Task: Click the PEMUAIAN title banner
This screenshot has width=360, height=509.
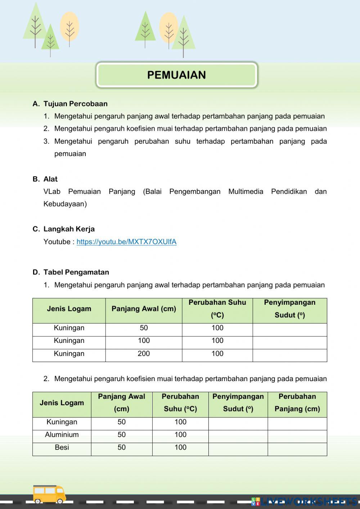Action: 176,75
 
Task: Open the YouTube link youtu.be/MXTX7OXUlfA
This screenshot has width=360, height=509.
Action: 126,242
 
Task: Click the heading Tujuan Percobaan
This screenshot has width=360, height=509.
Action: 75,104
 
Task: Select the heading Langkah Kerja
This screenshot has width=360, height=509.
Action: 69,229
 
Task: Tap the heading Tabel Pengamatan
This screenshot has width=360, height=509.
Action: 76,272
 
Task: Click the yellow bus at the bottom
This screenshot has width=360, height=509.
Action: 49,494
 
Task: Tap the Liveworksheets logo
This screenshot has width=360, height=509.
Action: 305,501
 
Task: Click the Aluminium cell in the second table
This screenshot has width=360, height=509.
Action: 62,435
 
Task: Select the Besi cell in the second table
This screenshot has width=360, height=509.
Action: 62,447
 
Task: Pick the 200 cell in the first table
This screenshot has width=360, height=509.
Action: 144,354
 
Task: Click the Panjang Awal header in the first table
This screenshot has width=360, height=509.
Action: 144,309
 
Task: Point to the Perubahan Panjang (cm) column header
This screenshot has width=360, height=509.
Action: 297,403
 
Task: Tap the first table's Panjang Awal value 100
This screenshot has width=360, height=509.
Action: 144,341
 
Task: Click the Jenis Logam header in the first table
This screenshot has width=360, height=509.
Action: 69,309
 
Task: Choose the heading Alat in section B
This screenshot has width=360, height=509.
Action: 50,179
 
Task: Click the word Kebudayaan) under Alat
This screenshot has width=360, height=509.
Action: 65,204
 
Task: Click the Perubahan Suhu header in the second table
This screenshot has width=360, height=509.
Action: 180,403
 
